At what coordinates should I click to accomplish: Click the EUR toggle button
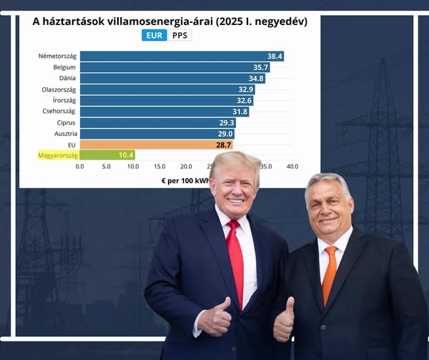[x=154, y=35]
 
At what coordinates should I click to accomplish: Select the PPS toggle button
[x=180, y=35]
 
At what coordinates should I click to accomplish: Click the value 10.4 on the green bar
[x=126, y=155]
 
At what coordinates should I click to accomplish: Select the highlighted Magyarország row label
[x=57, y=155]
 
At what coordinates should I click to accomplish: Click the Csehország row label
[x=59, y=112]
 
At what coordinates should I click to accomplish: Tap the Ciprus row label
[x=66, y=122]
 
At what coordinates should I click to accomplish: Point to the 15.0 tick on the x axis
[x=159, y=166]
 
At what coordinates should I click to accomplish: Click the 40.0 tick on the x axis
[x=292, y=166]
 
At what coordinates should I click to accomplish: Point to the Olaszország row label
[x=59, y=89]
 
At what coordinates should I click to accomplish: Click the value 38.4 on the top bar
[x=275, y=56]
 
